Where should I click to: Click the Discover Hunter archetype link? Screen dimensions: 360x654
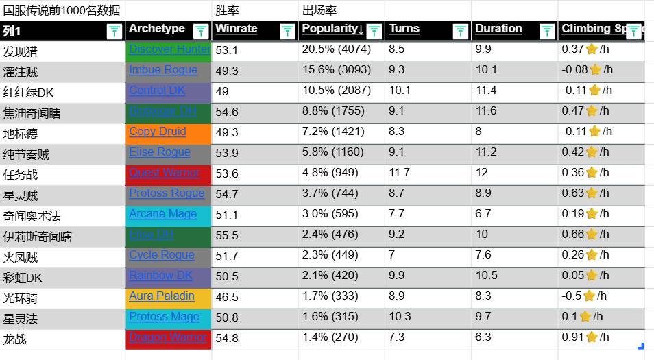tap(169, 49)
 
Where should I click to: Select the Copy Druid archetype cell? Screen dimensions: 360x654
tap(168, 133)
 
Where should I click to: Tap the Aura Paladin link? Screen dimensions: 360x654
tap(162, 296)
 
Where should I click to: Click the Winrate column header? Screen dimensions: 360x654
tap(237, 29)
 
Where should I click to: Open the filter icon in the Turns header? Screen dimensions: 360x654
tap(460, 31)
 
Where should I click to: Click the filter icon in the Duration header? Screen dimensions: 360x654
tap(546, 31)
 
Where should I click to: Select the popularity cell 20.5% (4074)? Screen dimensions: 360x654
tap(336, 49)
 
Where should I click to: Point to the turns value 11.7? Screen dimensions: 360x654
tap(400, 173)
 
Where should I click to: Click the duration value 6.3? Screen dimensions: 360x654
tap(483, 337)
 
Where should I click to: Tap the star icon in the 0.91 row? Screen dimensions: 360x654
tap(594, 337)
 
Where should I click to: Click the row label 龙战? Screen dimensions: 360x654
tap(15, 339)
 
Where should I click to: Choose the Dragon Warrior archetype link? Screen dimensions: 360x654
tap(168, 337)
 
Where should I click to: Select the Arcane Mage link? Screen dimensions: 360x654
tap(163, 214)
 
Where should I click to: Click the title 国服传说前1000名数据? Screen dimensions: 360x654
tap(62, 10)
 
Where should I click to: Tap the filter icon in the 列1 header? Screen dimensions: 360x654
tap(114, 31)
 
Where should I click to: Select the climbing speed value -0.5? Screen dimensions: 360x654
tap(571, 296)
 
